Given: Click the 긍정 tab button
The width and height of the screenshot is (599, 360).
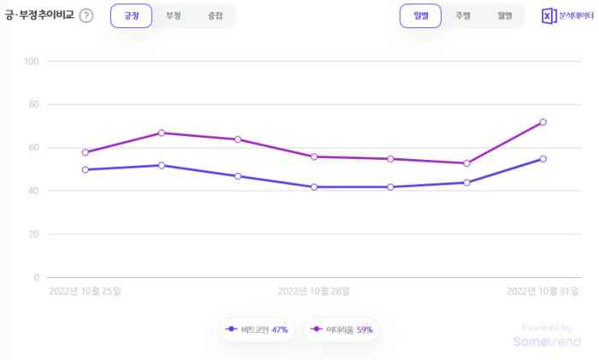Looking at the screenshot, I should tap(131, 15).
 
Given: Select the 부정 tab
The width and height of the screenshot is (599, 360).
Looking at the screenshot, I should tap(173, 15).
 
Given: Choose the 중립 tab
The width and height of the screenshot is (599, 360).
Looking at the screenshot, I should tap(214, 15).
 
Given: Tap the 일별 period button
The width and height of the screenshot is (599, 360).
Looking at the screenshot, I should tap(420, 15).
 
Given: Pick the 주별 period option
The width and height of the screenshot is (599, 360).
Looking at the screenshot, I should tap(462, 15).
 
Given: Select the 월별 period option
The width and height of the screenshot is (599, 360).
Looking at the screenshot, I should tap(504, 15).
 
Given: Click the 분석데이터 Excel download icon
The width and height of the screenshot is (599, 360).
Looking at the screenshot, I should tap(549, 16).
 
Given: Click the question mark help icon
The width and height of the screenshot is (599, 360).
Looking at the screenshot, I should tap(86, 16).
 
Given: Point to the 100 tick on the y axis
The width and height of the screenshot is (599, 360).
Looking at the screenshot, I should tap(33, 62).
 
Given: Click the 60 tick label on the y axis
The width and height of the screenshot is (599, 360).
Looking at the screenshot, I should tap(33, 148).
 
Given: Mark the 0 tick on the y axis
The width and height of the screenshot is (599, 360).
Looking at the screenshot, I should tap(38, 277).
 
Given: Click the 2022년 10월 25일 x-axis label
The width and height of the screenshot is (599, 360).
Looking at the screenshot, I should tap(85, 291).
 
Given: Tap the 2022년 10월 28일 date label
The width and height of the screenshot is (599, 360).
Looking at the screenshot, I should tap(314, 291).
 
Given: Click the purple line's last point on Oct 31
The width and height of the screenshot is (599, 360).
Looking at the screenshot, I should tap(543, 122).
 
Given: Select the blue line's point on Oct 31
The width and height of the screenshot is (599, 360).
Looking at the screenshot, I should tap(543, 159).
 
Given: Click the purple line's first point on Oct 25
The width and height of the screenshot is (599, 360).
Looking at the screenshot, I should tap(86, 152).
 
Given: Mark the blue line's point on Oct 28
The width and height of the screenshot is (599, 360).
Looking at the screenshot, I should tap(314, 186).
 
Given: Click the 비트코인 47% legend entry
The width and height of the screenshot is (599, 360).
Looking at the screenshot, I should tap(257, 329).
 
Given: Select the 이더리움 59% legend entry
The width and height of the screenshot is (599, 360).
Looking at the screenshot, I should tap(341, 329).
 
